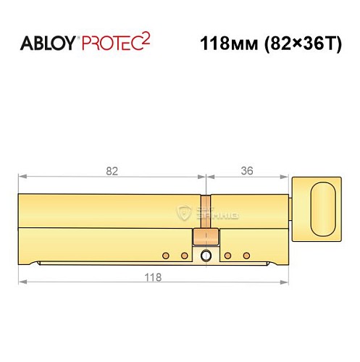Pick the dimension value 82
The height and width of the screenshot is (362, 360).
coord(112,171)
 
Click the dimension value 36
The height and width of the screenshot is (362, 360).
coord(246,171)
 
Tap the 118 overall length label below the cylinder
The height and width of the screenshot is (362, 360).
coord(151,277)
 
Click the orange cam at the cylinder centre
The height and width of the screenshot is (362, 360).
coord(206,236)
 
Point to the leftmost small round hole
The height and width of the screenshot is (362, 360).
coord(166,256)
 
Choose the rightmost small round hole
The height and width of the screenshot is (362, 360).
coord(246,256)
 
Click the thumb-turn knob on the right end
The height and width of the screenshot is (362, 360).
coord(324,207)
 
